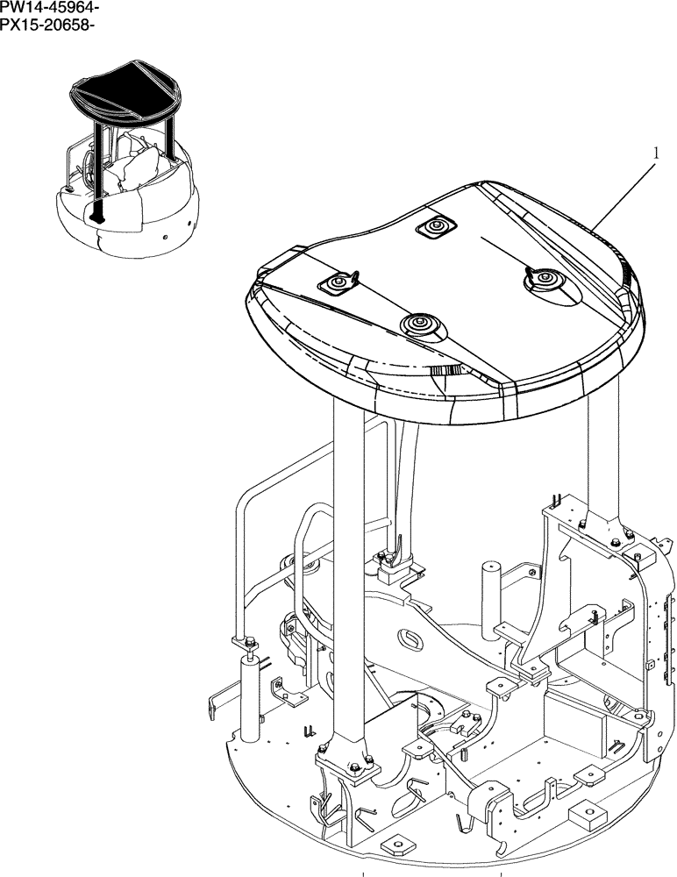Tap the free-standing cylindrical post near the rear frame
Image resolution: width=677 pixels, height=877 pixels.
click(x=489, y=592)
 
